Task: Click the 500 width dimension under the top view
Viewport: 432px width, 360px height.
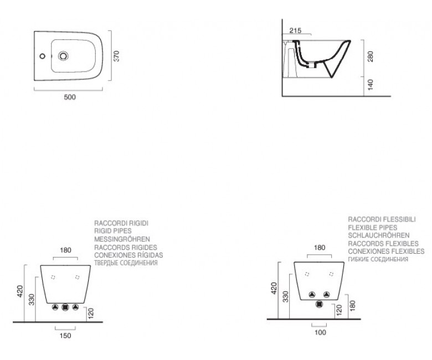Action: [70, 97]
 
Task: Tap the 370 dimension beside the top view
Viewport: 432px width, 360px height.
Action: [116, 56]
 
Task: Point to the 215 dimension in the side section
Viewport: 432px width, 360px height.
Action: [295, 30]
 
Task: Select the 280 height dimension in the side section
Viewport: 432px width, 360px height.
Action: [371, 56]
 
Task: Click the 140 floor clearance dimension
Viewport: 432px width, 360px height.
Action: [371, 85]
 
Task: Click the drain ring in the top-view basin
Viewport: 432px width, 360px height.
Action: [63, 56]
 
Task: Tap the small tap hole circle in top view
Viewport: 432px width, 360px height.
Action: [43, 56]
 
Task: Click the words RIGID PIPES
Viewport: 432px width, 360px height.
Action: [113, 231]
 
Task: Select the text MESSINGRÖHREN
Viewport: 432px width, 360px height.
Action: [122, 239]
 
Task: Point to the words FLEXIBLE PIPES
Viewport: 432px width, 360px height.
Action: [373, 228]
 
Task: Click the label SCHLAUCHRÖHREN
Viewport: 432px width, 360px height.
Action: [378, 235]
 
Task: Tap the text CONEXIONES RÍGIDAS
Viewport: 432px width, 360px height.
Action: [128, 255]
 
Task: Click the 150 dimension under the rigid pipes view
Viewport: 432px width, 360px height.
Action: [65, 336]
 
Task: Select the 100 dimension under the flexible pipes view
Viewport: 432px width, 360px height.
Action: [320, 332]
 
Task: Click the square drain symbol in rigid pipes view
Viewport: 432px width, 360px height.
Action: [65, 307]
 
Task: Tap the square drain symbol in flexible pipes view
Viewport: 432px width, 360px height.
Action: [320, 304]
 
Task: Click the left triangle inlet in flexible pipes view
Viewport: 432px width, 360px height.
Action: [312, 295]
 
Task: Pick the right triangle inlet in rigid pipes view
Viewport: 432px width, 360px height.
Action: [75, 307]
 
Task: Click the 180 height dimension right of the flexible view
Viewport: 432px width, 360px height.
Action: [352, 306]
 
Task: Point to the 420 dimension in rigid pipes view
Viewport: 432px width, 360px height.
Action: [20, 291]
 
